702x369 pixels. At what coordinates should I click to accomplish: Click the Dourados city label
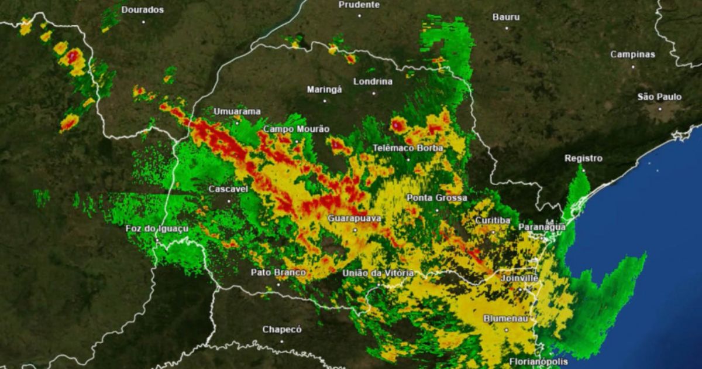143,10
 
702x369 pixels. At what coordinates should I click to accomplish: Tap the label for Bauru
506,18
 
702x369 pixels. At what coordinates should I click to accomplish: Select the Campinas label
632,54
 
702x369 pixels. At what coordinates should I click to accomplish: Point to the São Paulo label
659,97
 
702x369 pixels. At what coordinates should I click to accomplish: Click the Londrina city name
373,82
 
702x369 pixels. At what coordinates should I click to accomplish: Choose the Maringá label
325,90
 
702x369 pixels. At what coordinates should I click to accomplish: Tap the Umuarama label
237,111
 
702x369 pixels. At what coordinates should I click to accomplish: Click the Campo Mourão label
296,129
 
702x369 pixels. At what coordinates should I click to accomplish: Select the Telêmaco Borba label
408,148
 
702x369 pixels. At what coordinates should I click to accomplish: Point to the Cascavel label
229,189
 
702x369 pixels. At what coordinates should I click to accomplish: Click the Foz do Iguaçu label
157,228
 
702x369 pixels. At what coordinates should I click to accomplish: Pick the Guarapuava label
355,218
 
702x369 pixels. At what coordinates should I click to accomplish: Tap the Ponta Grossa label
436,198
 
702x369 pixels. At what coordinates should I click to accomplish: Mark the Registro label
583,158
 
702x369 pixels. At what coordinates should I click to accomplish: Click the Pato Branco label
278,272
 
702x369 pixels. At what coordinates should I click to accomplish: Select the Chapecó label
282,329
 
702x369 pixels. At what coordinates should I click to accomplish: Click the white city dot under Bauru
506,28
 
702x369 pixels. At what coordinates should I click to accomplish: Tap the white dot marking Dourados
143,22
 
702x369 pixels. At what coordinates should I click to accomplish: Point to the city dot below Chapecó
282,341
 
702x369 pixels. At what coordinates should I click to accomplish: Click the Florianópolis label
538,361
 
